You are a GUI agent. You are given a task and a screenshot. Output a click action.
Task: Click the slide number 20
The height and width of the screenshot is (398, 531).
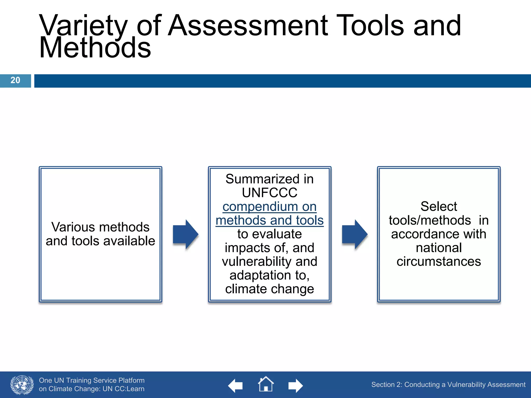click(15, 80)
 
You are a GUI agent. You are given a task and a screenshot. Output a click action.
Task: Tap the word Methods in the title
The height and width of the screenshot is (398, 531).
click(95, 48)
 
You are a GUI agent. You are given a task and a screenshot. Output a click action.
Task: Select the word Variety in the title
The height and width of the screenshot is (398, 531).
click(83, 26)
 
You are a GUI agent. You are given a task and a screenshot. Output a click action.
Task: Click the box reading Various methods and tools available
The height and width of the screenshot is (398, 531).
click(100, 234)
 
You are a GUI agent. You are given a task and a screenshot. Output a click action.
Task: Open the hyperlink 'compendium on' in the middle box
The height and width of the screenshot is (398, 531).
click(269, 207)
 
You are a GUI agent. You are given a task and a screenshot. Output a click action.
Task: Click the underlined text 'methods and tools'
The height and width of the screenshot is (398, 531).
click(269, 221)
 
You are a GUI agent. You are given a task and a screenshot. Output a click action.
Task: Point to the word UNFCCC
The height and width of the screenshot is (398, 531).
click(269, 193)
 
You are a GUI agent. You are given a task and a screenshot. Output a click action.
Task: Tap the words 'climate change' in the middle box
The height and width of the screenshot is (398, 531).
click(269, 289)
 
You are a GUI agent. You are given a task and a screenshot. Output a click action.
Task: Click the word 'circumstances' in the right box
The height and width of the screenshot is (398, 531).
click(439, 261)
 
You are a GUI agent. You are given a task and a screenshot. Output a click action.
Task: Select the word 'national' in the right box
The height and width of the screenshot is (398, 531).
click(439, 248)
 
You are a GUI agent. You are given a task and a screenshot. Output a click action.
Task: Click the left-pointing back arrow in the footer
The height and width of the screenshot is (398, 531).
click(235, 386)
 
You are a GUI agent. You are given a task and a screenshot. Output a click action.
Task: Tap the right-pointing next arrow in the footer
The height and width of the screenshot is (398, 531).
click(295, 386)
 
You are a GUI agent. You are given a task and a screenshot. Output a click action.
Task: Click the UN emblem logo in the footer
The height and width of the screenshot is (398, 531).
click(22, 385)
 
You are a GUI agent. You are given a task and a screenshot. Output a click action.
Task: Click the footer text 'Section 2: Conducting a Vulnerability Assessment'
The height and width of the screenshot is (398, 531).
click(448, 385)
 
